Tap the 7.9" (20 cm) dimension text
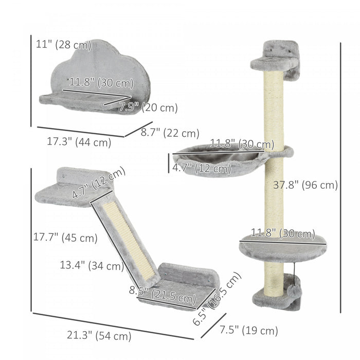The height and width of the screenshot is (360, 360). point(148,108)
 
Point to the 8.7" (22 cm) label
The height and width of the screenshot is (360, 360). point(170,133)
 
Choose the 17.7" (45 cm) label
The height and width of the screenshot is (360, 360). point(72,238)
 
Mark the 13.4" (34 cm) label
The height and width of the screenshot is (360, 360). point(91,266)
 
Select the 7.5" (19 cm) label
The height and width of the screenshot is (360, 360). point(249,331)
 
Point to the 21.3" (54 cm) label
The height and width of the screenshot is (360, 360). point(99,336)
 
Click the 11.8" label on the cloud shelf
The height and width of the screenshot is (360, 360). point(101,83)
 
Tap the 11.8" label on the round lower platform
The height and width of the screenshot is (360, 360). point(283,234)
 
